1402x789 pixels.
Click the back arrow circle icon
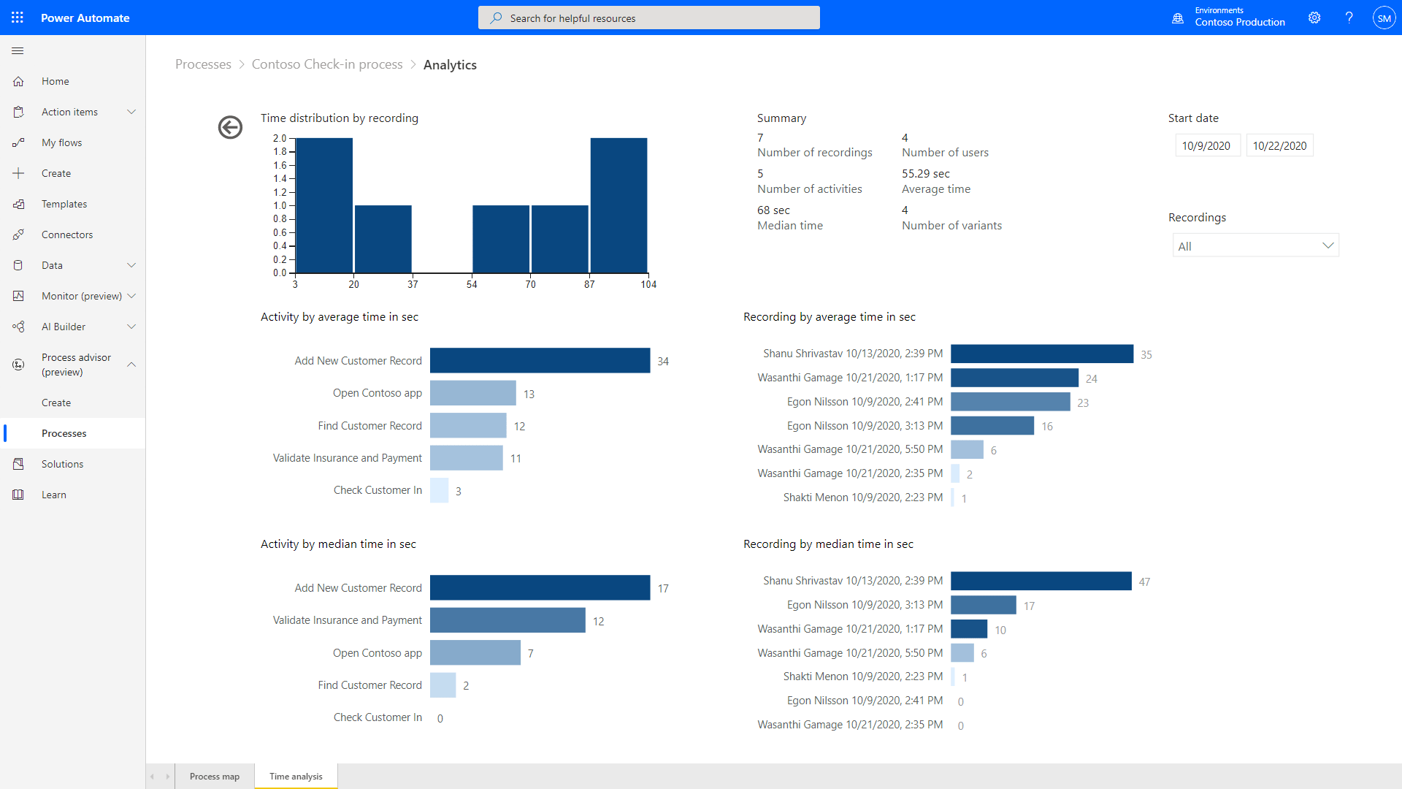pos(230,127)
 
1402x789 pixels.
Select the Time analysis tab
pos(296,776)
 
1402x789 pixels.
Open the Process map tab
pos(215,776)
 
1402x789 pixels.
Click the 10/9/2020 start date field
pos(1206,145)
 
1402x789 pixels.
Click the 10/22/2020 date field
pos(1279,145)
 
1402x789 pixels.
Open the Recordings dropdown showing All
pos(1255,246)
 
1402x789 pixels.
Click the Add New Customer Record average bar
pos(540,361)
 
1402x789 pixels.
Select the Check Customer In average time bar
pos(439,490)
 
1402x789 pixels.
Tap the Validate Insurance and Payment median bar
pos(507,620)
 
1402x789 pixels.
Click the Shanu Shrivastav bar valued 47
pos(1041,581)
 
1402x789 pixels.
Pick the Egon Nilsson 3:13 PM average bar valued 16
pos(992,426)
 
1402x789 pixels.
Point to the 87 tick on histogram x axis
pos(589,284)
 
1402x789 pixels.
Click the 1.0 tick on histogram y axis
pos(280,205)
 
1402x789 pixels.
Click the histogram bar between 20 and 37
pos(383,239)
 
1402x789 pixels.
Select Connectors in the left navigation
pos(67,235)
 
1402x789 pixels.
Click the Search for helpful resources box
pos(648,18)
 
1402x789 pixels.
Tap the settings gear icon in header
pos(1314,18)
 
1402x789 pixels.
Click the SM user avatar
pos(1383,18)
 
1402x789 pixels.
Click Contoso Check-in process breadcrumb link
pos(327,64)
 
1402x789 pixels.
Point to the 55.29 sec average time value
pos(925,173)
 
